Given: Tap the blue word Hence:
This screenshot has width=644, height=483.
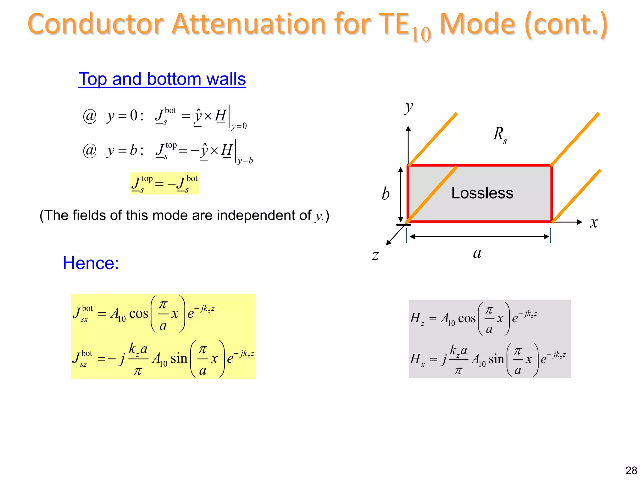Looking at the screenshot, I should (x=91, y=263).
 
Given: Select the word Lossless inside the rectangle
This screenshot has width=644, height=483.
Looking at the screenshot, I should (x=482, y=193).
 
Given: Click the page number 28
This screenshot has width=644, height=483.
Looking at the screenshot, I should (x=631, y=470).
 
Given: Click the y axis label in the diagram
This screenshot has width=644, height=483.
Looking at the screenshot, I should (x=408, y=108).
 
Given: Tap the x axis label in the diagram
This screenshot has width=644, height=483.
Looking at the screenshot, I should (x=593, y=223).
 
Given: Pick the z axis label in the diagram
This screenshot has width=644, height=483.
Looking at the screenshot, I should (x=375, y=255).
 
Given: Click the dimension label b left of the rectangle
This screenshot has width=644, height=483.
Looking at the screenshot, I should (x=386, y=194).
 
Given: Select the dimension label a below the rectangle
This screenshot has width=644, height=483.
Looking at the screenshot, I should (x=477, y=253).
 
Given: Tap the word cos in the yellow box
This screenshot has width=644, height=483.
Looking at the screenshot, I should (x=139, y=314).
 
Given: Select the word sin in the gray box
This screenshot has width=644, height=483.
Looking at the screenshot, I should (x=496, y=359).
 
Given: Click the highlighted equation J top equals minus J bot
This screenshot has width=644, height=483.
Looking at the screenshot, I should (x=164, y=183).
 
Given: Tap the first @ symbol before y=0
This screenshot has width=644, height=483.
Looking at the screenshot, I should (x=90, y=116).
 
